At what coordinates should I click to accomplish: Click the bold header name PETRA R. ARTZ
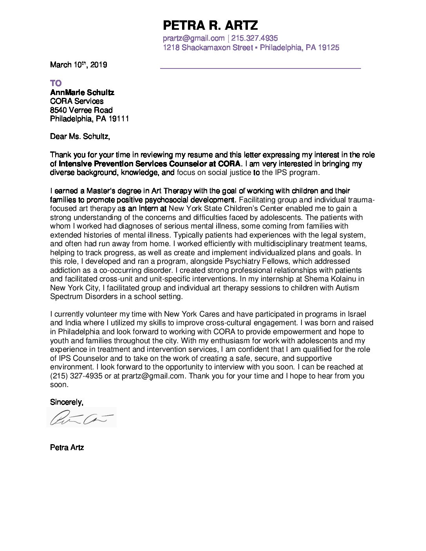pos(210,26)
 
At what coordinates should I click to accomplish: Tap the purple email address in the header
pos(193,38)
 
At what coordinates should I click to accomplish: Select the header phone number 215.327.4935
pos(255,38)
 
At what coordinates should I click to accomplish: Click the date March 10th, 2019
pos(78,65)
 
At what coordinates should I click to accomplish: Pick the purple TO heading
pos(56,83)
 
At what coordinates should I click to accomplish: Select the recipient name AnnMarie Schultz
pos(82,93)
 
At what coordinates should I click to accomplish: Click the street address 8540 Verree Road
pos(81,110)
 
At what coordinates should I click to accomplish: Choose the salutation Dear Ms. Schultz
pos(80,137)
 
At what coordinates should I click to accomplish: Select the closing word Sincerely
pos(66,402)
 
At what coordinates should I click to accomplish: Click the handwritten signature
pos(81,418)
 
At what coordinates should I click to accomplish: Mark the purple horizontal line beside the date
pos(260,68)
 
